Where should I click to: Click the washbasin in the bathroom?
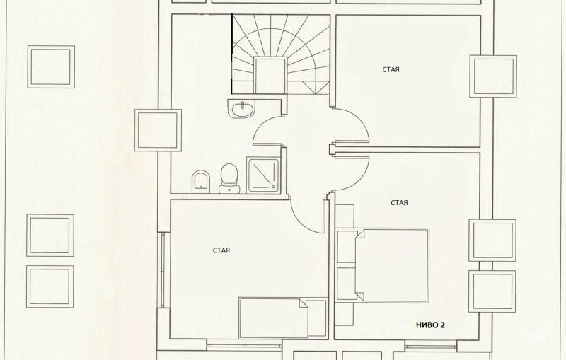(242, 109)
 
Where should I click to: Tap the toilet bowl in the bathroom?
(229, 178)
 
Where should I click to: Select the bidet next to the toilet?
(201, 182)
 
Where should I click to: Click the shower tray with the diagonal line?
(262, 175)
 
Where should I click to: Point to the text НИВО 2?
(430, 325)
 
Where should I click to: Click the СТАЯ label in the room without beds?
(391, 69)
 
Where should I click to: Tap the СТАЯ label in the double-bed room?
(399, 203)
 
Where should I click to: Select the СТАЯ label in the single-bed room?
(221, 250)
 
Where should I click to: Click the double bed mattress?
(392, 265)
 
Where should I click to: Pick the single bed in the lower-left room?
(283, 318)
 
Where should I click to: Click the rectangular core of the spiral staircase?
(270, 76)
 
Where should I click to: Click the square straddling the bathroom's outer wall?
(158, 130)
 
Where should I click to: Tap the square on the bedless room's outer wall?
(493, 76)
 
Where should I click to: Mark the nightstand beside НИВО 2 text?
(344, 314)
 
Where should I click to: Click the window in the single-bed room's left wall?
(163, 269)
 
